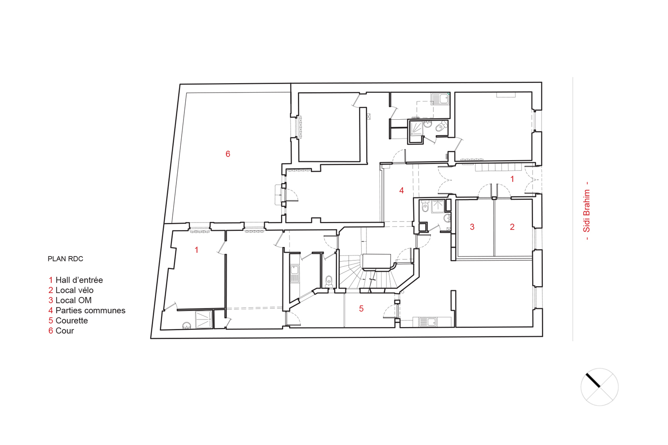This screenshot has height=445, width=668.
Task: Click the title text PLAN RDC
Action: pyautogui.click(x=65, y=259)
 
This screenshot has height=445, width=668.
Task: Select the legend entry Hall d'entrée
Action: pyautogui.click(x=76, y=280)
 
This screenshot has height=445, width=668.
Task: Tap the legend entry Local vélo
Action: pyautogui.click(x=71, y=290)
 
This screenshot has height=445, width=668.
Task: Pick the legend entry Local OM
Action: pyautogui.click(x=70, y=300)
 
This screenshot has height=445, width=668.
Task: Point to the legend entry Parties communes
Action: pyautogui.click(x=87, y=310)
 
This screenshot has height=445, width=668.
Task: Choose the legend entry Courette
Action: pyautogui.click(x=68, y=320)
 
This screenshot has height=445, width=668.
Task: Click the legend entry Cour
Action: pyautogui.click(x=61, y=331)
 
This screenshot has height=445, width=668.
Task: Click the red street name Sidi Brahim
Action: pyautogui.click(x=587, y=211)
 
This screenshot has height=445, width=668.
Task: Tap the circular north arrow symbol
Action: pyautogui.click(x=599, y=387)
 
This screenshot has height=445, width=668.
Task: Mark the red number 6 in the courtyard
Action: pyautogui.click(x=228, y=154)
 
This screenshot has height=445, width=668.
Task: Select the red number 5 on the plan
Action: pyautogui.click(x=361, y=309)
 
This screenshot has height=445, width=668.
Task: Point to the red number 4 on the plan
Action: pyautogui.click(x=402, y=190)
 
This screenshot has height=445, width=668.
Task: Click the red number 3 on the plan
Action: pyautogui.click(x=472, y=227)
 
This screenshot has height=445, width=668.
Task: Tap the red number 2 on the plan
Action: pyautogui.click(x=512, y=227)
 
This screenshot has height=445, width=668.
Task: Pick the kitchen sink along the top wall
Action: pyautogui.click(x=440, y=99)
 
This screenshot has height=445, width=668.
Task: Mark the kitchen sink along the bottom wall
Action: pyautogui.click(x=428, y=322)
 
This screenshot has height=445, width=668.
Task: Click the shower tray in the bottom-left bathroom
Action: pyautogui.click(x=204, y=320)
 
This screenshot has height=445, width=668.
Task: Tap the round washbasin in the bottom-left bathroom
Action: pyautogui.click(x=187, y=325)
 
